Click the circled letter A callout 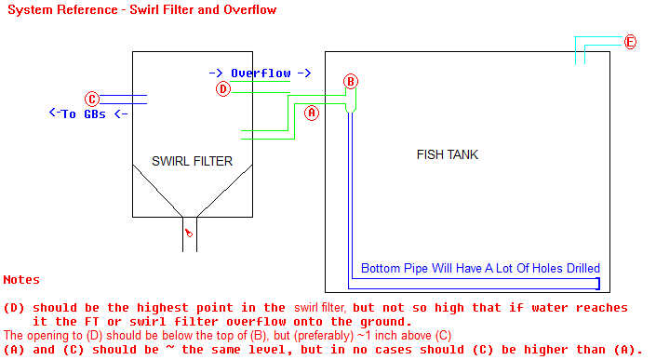click(312, 112)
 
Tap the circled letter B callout click(351, 81)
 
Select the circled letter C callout click(91, 99)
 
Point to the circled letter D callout click(222, 89)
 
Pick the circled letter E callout click(630, 42)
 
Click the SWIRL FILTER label click(193, 161)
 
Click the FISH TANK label click(448, 154)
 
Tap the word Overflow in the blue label click(261, 73)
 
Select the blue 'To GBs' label click(88, 114)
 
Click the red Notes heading click(21, 279)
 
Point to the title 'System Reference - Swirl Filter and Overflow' click(140, 9)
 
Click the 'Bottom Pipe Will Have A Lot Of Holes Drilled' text click(480, 268)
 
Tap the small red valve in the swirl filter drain click(189, 233)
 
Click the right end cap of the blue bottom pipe click(598, 284)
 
